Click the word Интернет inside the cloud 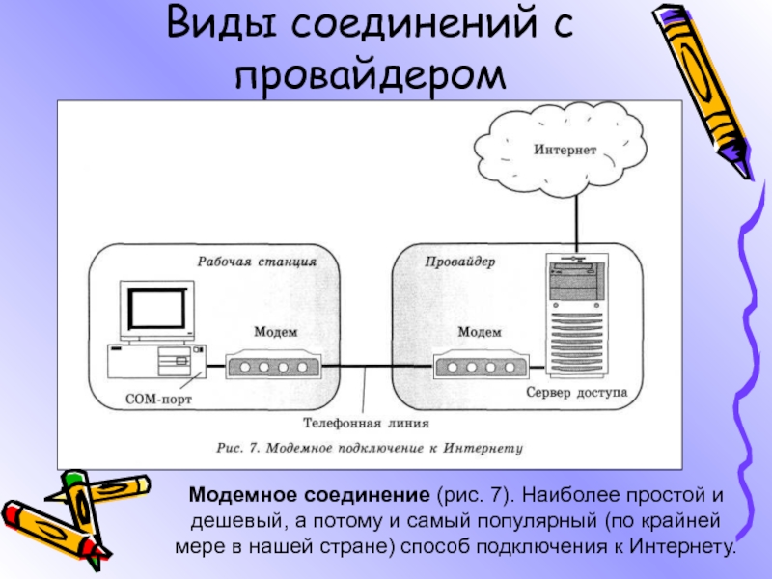point(565,150)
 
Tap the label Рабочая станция point(257,261)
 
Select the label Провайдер point(460,261)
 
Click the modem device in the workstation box point(272,368)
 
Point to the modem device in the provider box point(481,368)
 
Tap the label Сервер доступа point(577,394)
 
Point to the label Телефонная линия point(366,422)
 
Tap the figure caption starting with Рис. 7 point(368,448)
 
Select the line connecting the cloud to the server point(577,221)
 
